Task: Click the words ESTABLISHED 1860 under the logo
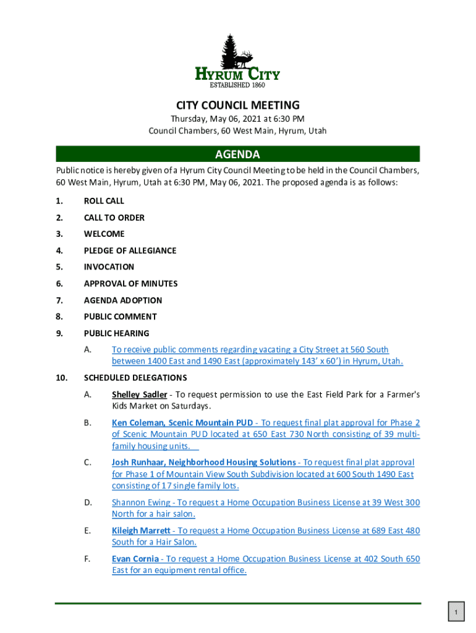[238, 85]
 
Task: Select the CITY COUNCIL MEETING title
[237, 105]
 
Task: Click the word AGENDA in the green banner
[237, 155]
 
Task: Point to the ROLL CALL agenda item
[104, 201]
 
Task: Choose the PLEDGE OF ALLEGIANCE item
[130, 250]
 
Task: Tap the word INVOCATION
[109, 267]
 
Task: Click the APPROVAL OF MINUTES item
[130, 284]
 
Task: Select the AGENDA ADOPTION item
[123, 300]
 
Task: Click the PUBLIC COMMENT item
[120, 316]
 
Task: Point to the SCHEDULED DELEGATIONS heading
[135, 378]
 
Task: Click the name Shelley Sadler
[139, 394]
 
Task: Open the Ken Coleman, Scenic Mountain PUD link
[182, 423]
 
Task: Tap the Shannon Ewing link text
[141, 503]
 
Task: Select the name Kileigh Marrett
[141, 530]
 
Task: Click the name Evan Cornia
[135, 559]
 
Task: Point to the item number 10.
[61, 378]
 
